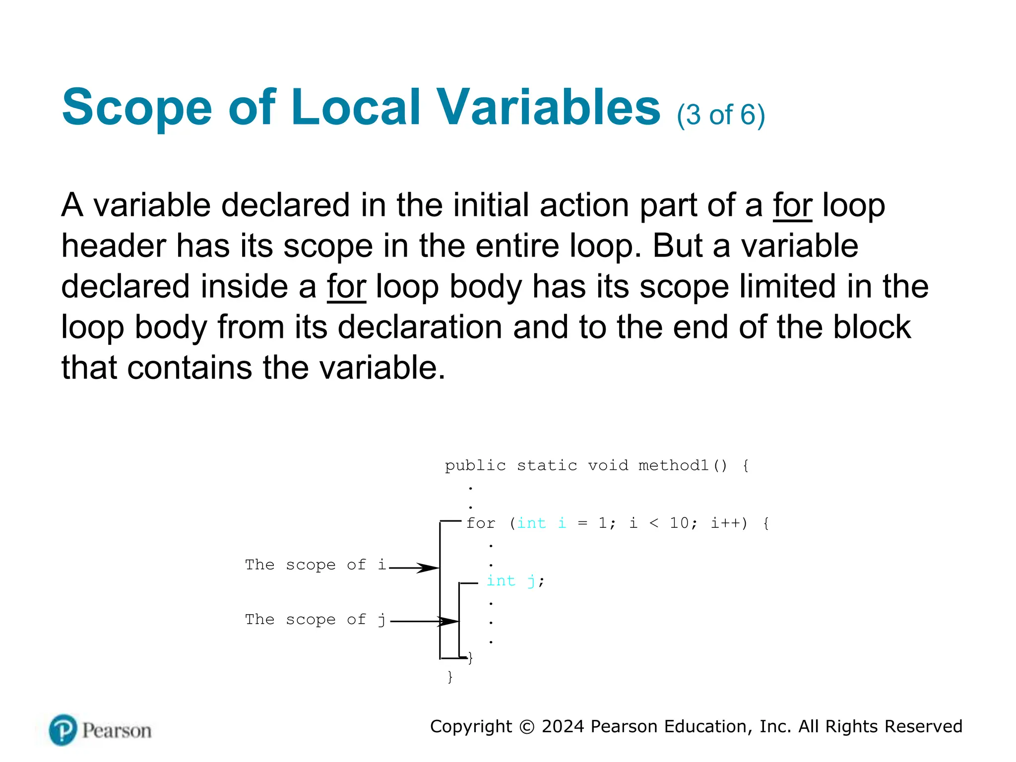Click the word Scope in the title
137,108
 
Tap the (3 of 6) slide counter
721,115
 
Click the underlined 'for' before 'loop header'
792,205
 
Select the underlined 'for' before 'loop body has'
346,287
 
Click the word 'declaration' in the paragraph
420,327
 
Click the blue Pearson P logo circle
63,730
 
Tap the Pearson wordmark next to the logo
117,731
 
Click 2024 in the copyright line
563,726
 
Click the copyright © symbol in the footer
526,727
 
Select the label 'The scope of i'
315,565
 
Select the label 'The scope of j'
315,620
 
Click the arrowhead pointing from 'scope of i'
430,568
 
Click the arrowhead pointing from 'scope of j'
449,621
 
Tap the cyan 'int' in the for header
531,523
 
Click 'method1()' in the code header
683,466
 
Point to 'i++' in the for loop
728,523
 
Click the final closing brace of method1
450,677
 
